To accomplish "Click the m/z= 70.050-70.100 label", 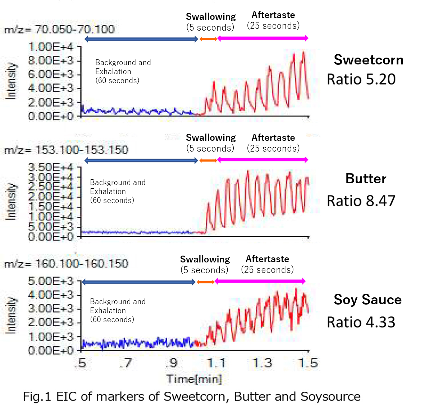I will click(59, 29).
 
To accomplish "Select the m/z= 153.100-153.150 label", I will click(66, 150).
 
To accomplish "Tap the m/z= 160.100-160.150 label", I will click(66, 264).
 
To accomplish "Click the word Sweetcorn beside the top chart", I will click(369, 60).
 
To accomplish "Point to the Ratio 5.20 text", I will click(361, 79).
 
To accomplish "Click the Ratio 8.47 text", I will click(361, 201).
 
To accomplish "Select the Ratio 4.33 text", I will click(361, 322).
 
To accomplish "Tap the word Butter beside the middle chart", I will click(366, 179).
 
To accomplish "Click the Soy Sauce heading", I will click(367, 300).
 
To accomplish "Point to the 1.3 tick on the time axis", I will click(262, 363).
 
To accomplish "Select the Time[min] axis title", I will click(194, 379).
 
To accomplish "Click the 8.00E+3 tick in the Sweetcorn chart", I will click(50, 60).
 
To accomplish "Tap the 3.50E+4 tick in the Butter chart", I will click(50, 167).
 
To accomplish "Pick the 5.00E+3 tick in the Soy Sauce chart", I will click(50, 281).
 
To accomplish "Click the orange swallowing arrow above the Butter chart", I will click(208, 160).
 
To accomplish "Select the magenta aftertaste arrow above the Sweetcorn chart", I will click(263, 38).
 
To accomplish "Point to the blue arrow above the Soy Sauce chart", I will click(139, 282).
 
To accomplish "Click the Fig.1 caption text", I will click(192, 396).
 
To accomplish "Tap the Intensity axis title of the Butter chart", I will click(11, 202).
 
